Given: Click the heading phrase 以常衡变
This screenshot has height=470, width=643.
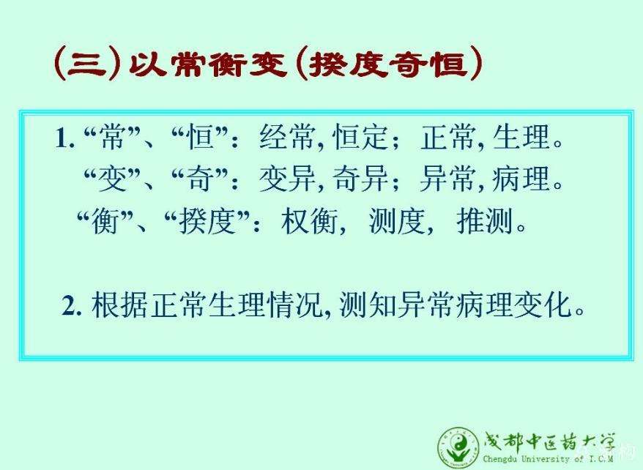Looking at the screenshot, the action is [207, 64].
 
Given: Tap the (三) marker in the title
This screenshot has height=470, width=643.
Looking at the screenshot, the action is [87, 64].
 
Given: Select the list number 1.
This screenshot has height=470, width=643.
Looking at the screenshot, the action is [64, 138].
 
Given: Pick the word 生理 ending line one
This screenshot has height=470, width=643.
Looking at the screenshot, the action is [521, 137].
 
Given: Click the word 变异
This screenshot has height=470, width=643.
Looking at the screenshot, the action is [287, 179].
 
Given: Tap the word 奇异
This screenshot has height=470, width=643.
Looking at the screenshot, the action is [360, 179].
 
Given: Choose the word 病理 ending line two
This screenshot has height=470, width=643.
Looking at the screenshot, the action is [521, 179].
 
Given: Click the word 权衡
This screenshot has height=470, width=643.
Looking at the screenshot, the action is [310, 221].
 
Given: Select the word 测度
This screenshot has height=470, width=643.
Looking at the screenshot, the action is [397, 221].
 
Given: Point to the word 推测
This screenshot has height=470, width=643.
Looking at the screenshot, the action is [485, 221].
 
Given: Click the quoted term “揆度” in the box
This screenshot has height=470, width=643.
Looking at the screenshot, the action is [207, 221].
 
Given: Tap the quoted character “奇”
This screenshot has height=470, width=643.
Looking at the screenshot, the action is [200, 179].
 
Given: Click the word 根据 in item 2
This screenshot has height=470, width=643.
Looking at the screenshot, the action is [119, 305].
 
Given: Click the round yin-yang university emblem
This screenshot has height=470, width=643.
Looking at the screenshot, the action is [458, 447].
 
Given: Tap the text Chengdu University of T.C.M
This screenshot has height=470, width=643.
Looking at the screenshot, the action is [548, 458].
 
